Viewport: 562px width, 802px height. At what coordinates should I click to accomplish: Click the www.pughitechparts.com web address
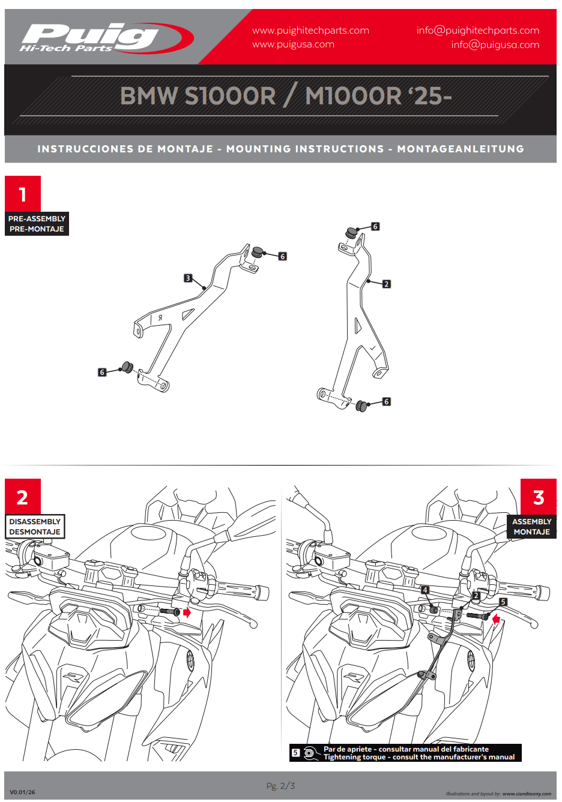310,31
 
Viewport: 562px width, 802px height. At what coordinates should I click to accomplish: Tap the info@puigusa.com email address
495,45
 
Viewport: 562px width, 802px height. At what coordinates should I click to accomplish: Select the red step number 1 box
23,194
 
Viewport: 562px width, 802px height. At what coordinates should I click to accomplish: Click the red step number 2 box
23,497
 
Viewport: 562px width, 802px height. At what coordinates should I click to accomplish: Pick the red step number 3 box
538,497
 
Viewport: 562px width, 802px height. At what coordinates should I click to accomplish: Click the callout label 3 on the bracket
188,278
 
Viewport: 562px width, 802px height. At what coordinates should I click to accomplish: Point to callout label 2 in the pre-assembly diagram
387,284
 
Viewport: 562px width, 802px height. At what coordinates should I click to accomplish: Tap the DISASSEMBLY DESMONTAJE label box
35,527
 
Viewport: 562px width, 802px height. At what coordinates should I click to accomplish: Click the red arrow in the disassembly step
187,612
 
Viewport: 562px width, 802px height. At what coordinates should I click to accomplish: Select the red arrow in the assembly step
496,618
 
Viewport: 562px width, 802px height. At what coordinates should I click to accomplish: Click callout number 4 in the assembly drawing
425,590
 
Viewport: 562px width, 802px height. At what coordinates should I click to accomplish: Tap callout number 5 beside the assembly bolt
503,602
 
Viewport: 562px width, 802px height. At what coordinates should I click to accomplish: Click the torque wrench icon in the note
310,753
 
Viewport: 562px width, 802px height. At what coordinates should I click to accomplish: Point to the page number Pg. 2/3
280,786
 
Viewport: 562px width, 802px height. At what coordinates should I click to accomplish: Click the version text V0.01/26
22,792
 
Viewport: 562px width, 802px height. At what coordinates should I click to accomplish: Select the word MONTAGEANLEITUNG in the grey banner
461,149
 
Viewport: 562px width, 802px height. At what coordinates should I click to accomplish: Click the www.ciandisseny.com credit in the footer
527,794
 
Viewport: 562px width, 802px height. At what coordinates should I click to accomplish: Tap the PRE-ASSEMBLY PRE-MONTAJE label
37,224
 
